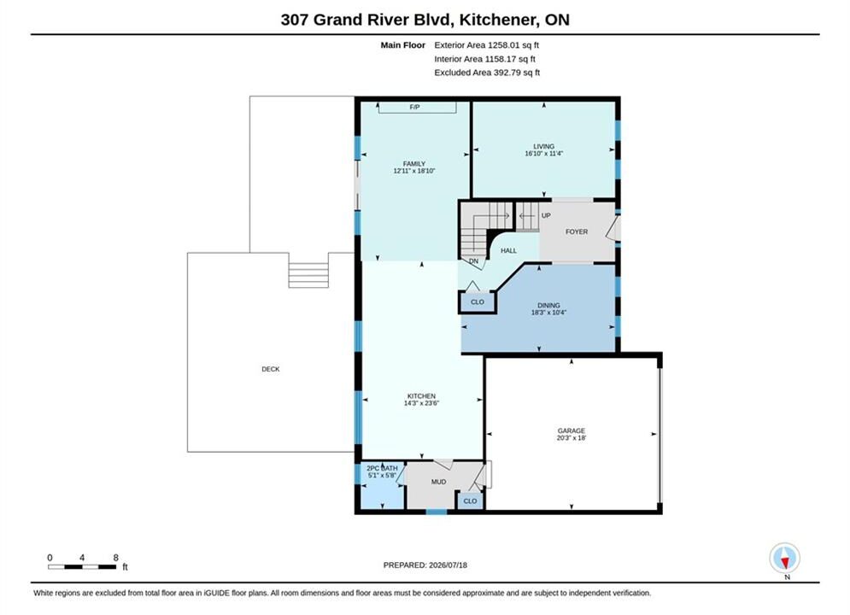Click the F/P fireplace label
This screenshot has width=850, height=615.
414,108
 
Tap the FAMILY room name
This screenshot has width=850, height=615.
414,164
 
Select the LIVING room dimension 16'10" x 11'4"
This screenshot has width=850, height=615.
543,154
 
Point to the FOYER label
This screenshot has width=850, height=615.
577,231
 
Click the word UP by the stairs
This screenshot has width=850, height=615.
546,215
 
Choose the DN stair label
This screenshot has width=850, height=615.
474,261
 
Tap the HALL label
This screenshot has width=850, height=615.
508,250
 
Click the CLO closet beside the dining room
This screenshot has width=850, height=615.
478,302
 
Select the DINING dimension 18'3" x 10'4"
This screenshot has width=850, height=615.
548,313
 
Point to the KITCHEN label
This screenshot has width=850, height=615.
421,396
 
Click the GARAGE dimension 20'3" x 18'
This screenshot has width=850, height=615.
572,438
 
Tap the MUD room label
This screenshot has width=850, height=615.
438,482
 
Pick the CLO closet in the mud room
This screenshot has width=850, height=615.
470,501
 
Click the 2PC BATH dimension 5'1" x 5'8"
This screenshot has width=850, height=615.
382,475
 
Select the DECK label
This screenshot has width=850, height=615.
271,369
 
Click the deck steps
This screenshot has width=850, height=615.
308,275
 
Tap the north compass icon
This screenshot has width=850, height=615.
784,558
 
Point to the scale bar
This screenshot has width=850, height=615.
82,567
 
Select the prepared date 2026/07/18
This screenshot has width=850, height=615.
448,565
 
